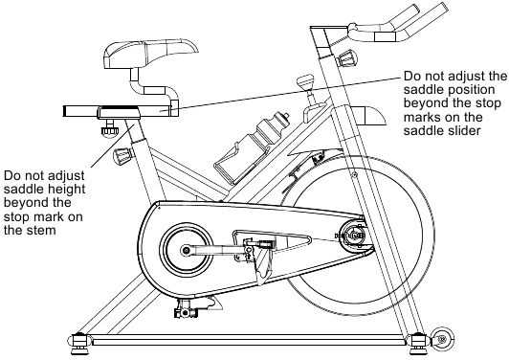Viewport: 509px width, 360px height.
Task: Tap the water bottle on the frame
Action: (x=265, y=132)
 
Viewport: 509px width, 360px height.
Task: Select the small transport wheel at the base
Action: (x=442, y=339)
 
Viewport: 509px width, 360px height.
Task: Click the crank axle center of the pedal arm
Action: (x=186, y=251)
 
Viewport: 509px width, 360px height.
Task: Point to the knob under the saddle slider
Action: (x=109, y=128)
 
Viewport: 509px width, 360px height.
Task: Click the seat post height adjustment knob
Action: (x=122, y=155)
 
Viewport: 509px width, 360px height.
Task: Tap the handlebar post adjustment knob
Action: (x=348, y=58)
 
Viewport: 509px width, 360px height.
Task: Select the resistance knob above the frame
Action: (x=306, y=81)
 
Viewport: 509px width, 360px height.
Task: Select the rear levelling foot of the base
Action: (x=78, y=341)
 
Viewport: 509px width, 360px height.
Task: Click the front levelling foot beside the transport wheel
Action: (x=418, y=341)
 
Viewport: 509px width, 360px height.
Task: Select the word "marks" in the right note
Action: (x=422, y=117)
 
